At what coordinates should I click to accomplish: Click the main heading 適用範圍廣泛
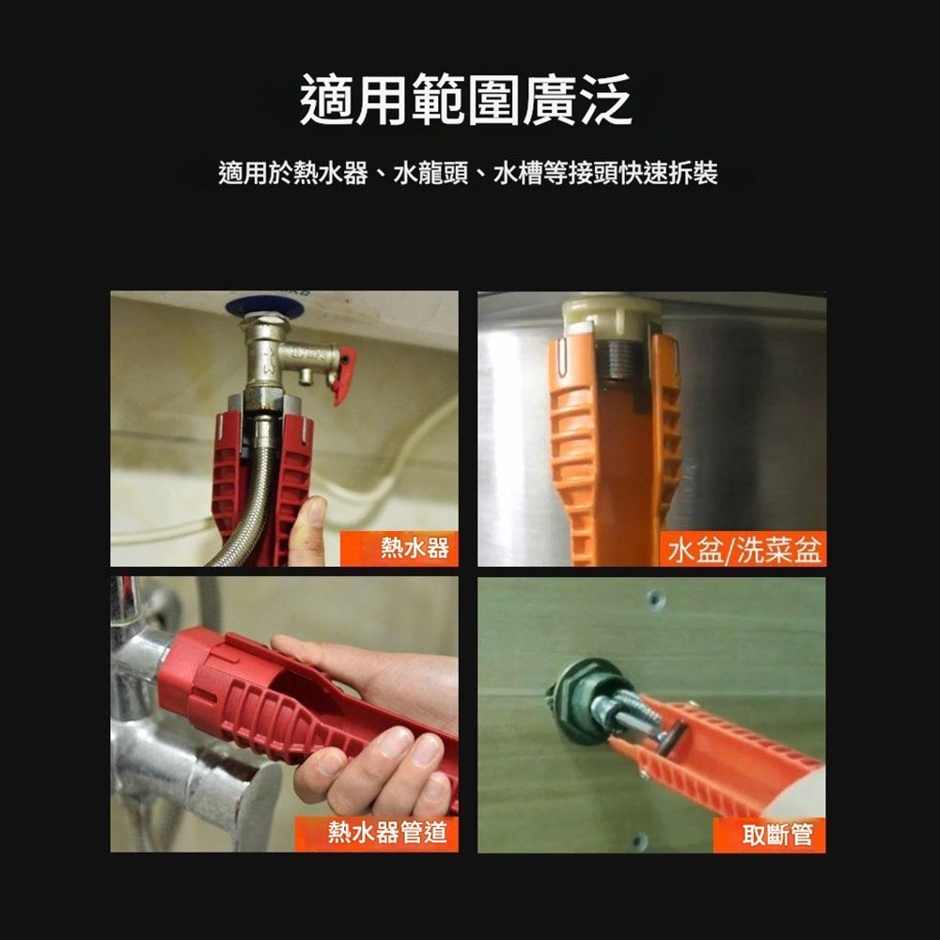click(x=465, y=102)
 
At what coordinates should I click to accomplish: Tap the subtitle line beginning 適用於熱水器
click(x=467, y=174)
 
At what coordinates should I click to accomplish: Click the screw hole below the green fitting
click(x=641, y=839)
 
